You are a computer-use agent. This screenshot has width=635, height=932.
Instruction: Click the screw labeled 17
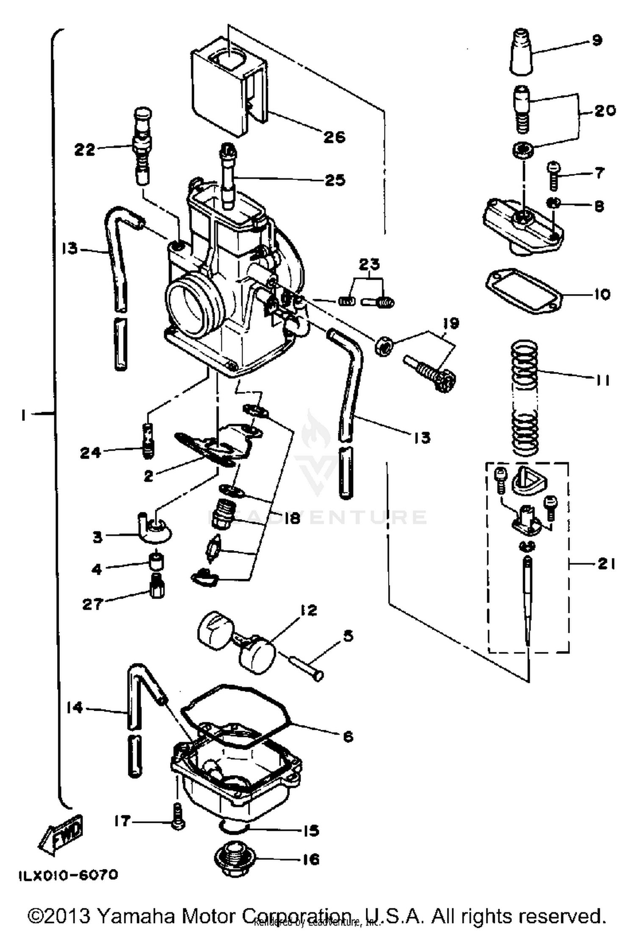click(178, 816)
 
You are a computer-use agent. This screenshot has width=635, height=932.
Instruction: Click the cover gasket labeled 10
click(523, 292)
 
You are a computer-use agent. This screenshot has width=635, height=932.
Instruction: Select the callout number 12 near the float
click(309, 610)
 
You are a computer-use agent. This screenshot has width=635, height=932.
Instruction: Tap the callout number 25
click(335, 180)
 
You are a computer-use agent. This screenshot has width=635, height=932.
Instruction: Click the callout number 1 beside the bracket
click(23, 415)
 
